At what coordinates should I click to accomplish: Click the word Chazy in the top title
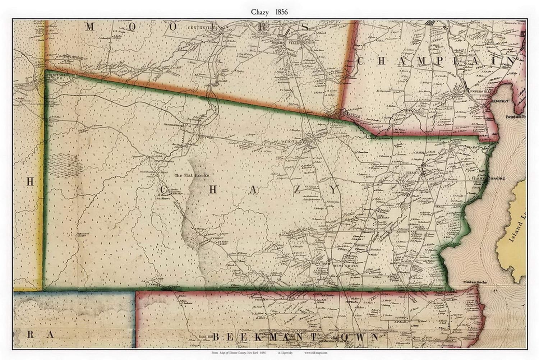click(x=259, y=12)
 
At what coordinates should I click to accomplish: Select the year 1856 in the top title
click(x=281, y=12)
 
